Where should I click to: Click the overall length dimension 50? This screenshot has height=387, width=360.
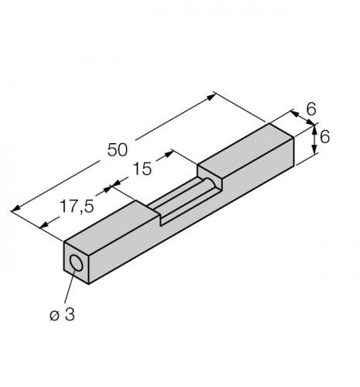click(x=117, y=149)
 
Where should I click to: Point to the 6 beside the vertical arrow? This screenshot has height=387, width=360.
click(x=325, y=136)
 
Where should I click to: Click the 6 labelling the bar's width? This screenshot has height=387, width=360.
click(x=310, y=110)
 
